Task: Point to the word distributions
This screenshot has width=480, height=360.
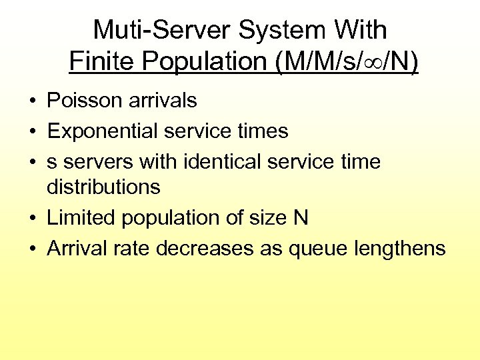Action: [103, 187]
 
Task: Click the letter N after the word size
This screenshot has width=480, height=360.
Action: [301, 218]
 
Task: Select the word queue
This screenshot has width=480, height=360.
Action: [319, 249]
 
